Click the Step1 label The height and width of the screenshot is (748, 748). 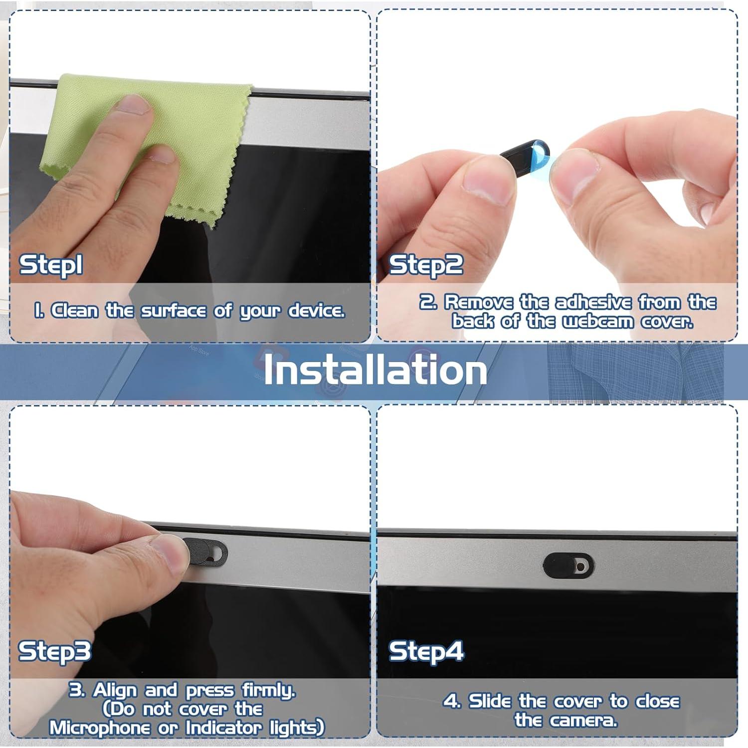click(51, 265)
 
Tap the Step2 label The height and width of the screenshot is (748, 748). click(426, 265)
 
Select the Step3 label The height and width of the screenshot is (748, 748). click(55, 651)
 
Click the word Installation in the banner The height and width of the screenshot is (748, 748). click(375, 370)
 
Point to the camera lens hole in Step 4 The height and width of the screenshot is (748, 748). click(581, 567)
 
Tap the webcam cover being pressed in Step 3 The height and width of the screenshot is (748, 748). click(209, 553)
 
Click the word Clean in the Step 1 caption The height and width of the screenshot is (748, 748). click(75, 311)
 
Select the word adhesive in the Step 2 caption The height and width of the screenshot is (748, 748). click(593, 302)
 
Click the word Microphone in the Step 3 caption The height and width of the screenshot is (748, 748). click(99, 728)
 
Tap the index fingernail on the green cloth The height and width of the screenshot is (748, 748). click(134, 105)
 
